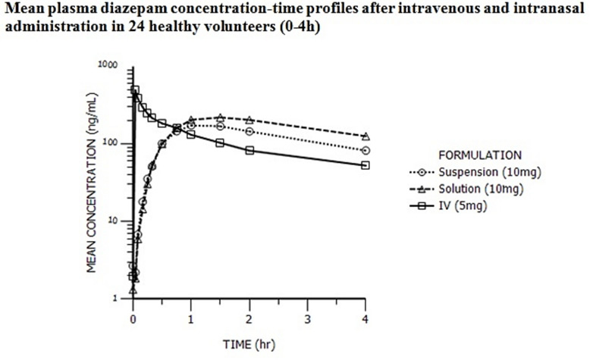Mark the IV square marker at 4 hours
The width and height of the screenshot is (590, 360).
click(366, 165)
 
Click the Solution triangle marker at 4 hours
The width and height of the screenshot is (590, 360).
click(366, 136)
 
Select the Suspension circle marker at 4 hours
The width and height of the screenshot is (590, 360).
click(366, 151)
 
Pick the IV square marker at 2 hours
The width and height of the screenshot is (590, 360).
click(249, 151)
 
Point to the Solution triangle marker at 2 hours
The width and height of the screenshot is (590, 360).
click(249, 120)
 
